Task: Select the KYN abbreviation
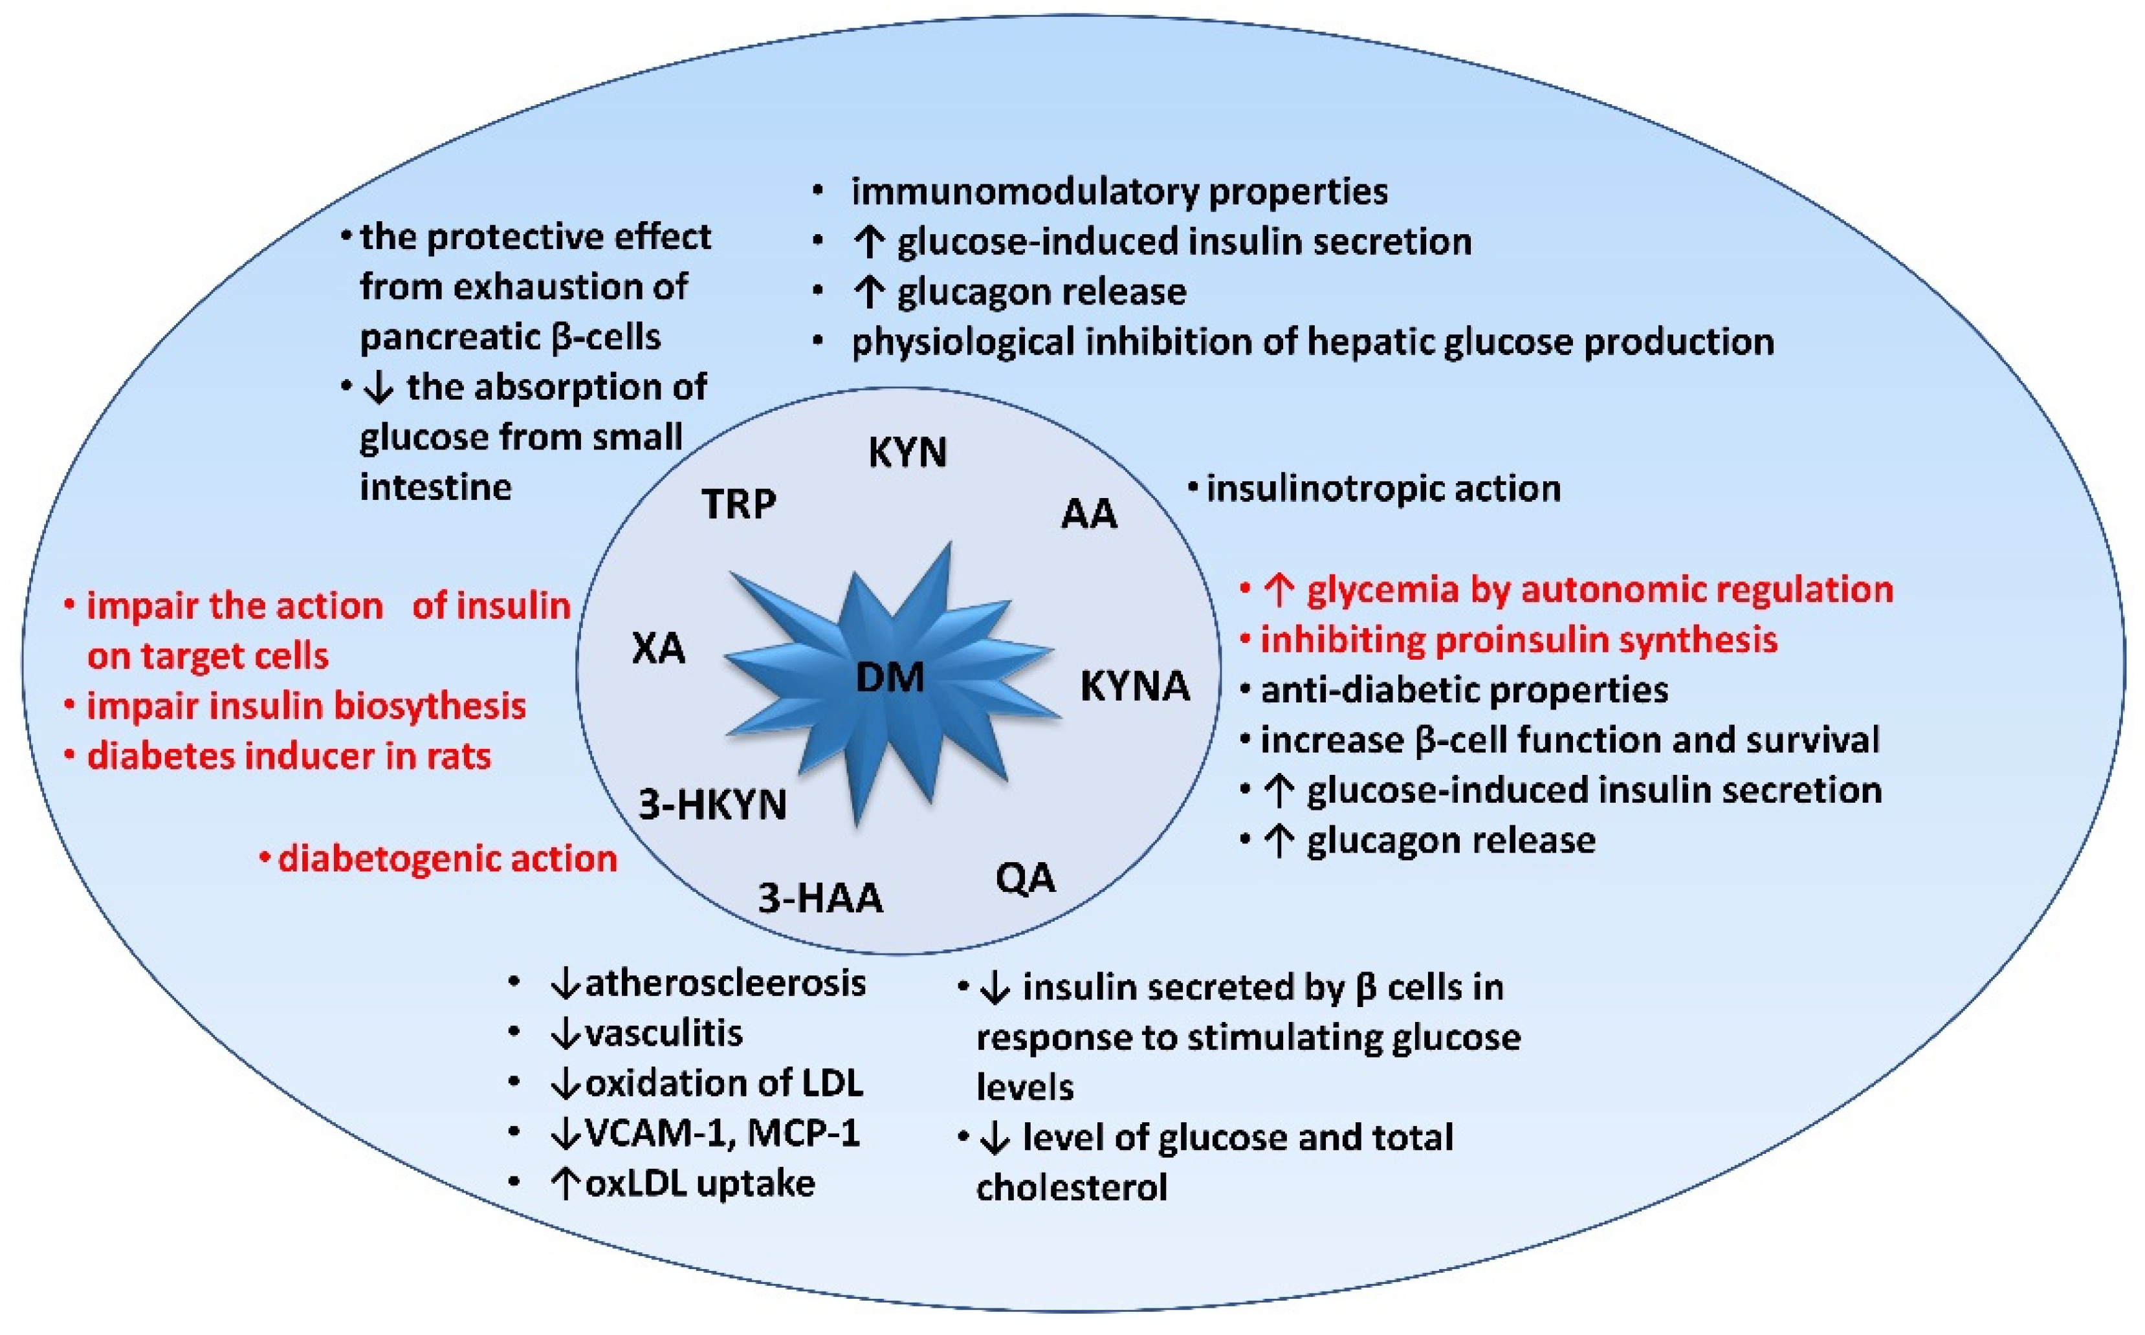point(907,452)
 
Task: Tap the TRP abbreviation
point(738,504)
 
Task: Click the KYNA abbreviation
point(1135,686)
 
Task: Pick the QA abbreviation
point(1024,878)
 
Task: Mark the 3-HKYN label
point(712,805)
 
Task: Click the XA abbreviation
point(659,649)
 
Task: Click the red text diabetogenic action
point(447,858)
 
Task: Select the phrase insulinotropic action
point(1383,488)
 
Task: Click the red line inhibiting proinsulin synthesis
point(1518,639)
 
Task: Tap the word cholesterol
point(1071,1187)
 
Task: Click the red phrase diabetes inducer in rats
point(289,756)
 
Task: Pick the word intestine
point(435,486)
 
